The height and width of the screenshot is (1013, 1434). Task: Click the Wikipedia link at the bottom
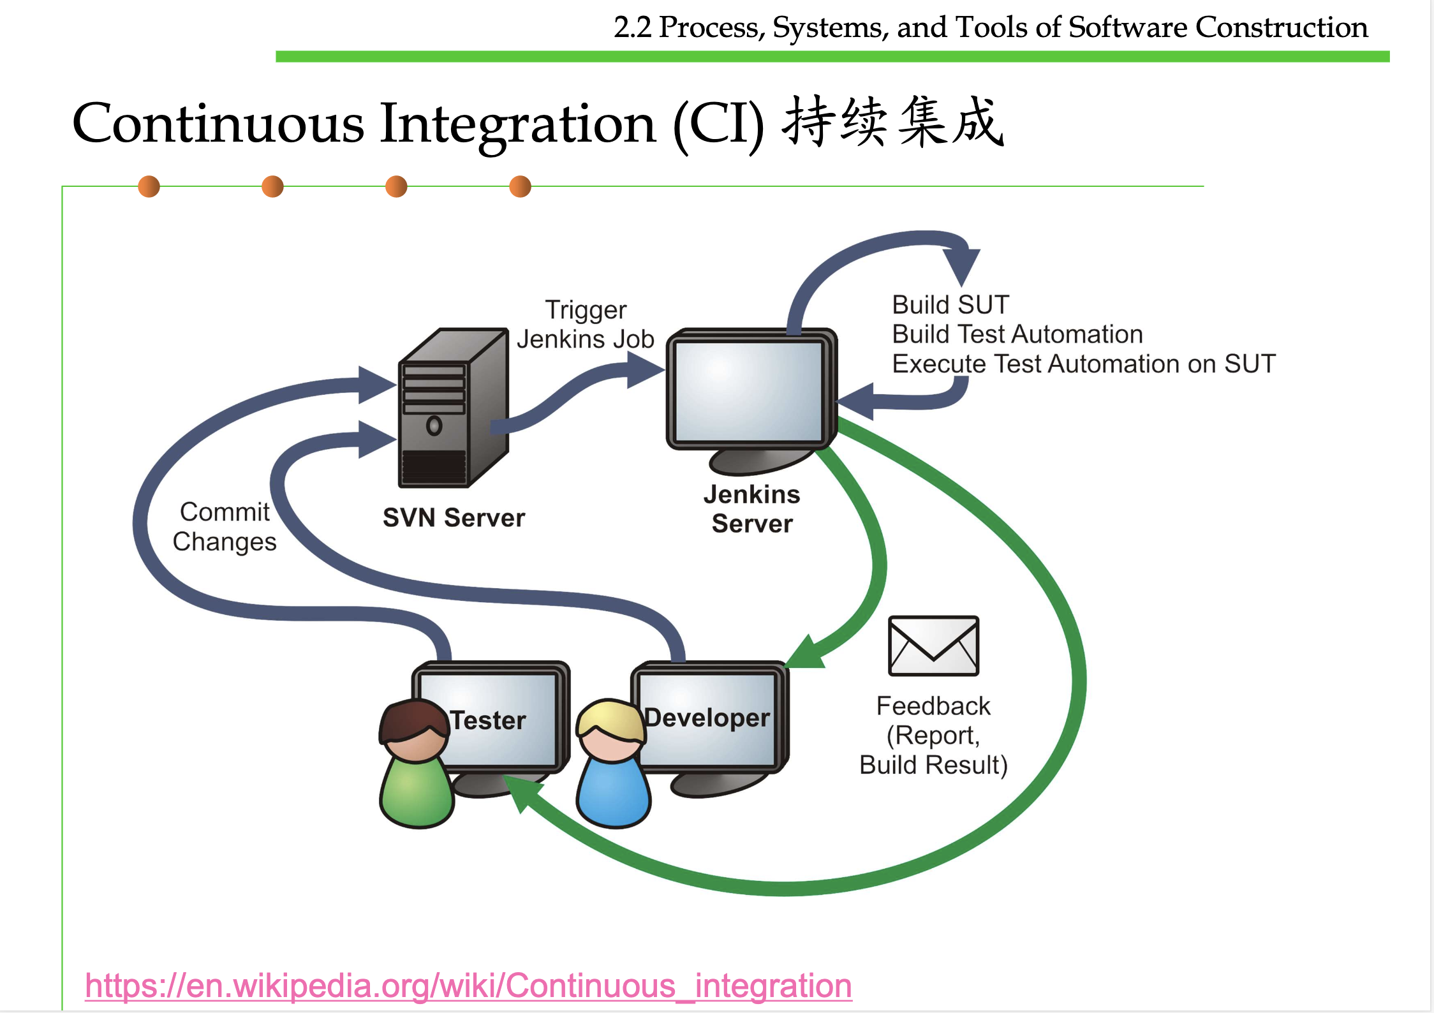pyautogui.click(x=468, y=986)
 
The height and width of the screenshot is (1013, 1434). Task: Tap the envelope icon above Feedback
pyautogui.click(x=933, y=646)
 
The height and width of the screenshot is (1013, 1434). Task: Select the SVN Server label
pyautogui.click(x=454, y=517)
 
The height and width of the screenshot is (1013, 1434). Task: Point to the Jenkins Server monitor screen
pyautogui.click(x=748, y=391)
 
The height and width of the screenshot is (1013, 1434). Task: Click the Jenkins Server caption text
pyautogui.click(x=751, y=509)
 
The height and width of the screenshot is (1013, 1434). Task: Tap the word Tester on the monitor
pyautogui.click(x=488, y=720)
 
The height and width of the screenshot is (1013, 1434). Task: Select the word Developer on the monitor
pyautogui.click(x=707, y=718)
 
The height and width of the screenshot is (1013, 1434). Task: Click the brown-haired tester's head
pyautogui.click(x=414, y=731)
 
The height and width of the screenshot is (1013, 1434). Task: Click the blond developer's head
pyautogui.click(x=610, y=731)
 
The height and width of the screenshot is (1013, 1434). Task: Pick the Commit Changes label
pyautogui.click(x=225, y=526)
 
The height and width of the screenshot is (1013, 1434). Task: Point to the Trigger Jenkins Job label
pyautogui.click(x=586, y=324)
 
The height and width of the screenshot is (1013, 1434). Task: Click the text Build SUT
pyautogui.click(x=950, y=304)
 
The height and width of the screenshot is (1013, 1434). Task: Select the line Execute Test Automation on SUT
pyautogui.click(x=1083, y=364)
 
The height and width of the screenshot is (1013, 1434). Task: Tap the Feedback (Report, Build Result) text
pyautogui.click(x=933, y=735)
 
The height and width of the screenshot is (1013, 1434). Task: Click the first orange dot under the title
pyautogui.click(x=149, y=186)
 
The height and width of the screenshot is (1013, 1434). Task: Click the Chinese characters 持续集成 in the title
pyautogui.click(x=893, y=122)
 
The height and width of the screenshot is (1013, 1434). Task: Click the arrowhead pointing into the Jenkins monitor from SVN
pyautogui.click(x=644, y=370)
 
